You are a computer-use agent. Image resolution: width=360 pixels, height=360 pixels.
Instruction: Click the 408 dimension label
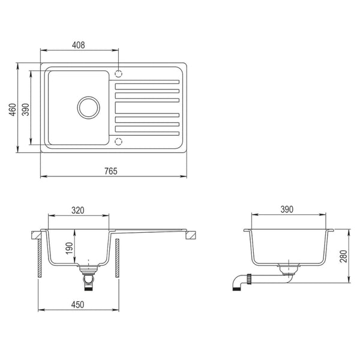pyautogui.click(x=79, y=44)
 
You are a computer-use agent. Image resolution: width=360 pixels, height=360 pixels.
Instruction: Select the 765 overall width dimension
pyautogui.click(x=110, y=171)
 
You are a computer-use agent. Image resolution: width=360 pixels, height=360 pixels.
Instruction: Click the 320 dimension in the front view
pyautogui.click(x=78, y=211)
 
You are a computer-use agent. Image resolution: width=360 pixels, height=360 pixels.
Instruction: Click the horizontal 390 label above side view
pyautogui.click(x=287, y=209)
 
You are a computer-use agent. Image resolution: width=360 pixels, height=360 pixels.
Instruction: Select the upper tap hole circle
pyautogui.click(x=118, y=74)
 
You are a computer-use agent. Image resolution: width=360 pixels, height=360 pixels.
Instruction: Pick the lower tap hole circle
pyautogui.click(x=118, y=142)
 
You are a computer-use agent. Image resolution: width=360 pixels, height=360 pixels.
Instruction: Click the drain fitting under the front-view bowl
pyautogui.click(x=89, y=277)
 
